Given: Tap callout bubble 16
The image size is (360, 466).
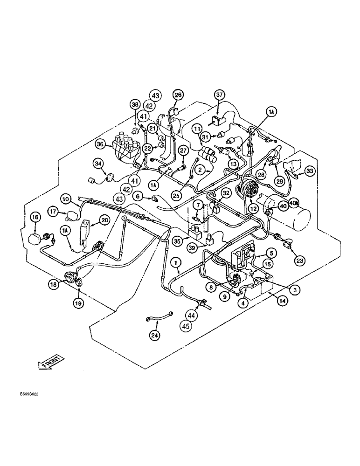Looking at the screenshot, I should (36, 218).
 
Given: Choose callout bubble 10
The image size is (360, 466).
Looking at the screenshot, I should (65, 200).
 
